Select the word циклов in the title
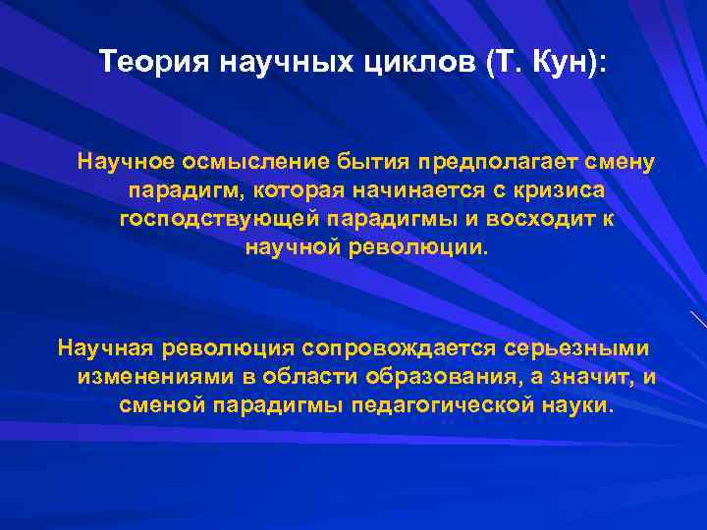click(x=420, y=64)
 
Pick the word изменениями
click(x=142, y=377)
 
